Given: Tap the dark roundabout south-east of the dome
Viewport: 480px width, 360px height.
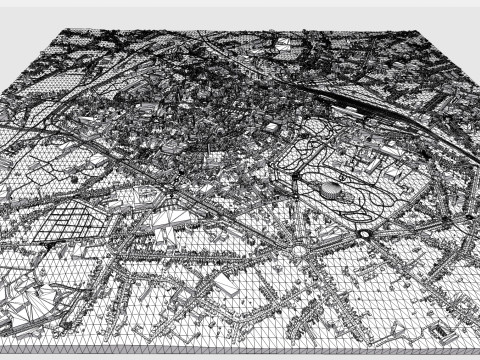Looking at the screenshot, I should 366,233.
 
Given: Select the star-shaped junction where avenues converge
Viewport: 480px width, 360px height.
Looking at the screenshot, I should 297,250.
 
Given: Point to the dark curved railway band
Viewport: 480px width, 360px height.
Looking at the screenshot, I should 350,100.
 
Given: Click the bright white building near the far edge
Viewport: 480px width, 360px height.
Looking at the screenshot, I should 285,43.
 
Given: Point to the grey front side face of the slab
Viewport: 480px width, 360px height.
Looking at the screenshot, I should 240,354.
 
